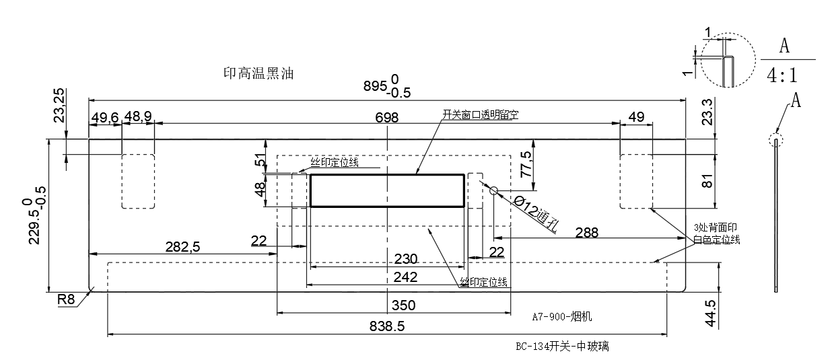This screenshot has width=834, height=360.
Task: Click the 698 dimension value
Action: tap(387, 118)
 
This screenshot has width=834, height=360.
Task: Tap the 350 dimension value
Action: tap(403, 305)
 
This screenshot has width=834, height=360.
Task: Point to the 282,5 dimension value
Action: tap(182, 247)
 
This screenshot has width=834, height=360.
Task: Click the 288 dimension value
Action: tap(586, 232)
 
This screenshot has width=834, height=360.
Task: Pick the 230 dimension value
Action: tap(406, 259)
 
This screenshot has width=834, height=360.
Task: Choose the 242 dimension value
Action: tap(406, 277)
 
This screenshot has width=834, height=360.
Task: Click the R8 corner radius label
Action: tap(66, 300)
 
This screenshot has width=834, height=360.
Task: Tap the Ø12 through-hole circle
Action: tap(493, 191)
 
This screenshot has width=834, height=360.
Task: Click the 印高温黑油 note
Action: tap(258, 73)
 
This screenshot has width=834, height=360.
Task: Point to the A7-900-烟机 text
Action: tap(561, 316)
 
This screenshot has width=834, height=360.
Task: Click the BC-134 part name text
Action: tap(562, 347)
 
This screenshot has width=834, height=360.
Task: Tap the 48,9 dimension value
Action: tap(138, 117)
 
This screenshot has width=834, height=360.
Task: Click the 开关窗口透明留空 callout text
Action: tap(480, 115)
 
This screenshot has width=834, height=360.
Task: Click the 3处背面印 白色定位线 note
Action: tap(716, 233)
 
